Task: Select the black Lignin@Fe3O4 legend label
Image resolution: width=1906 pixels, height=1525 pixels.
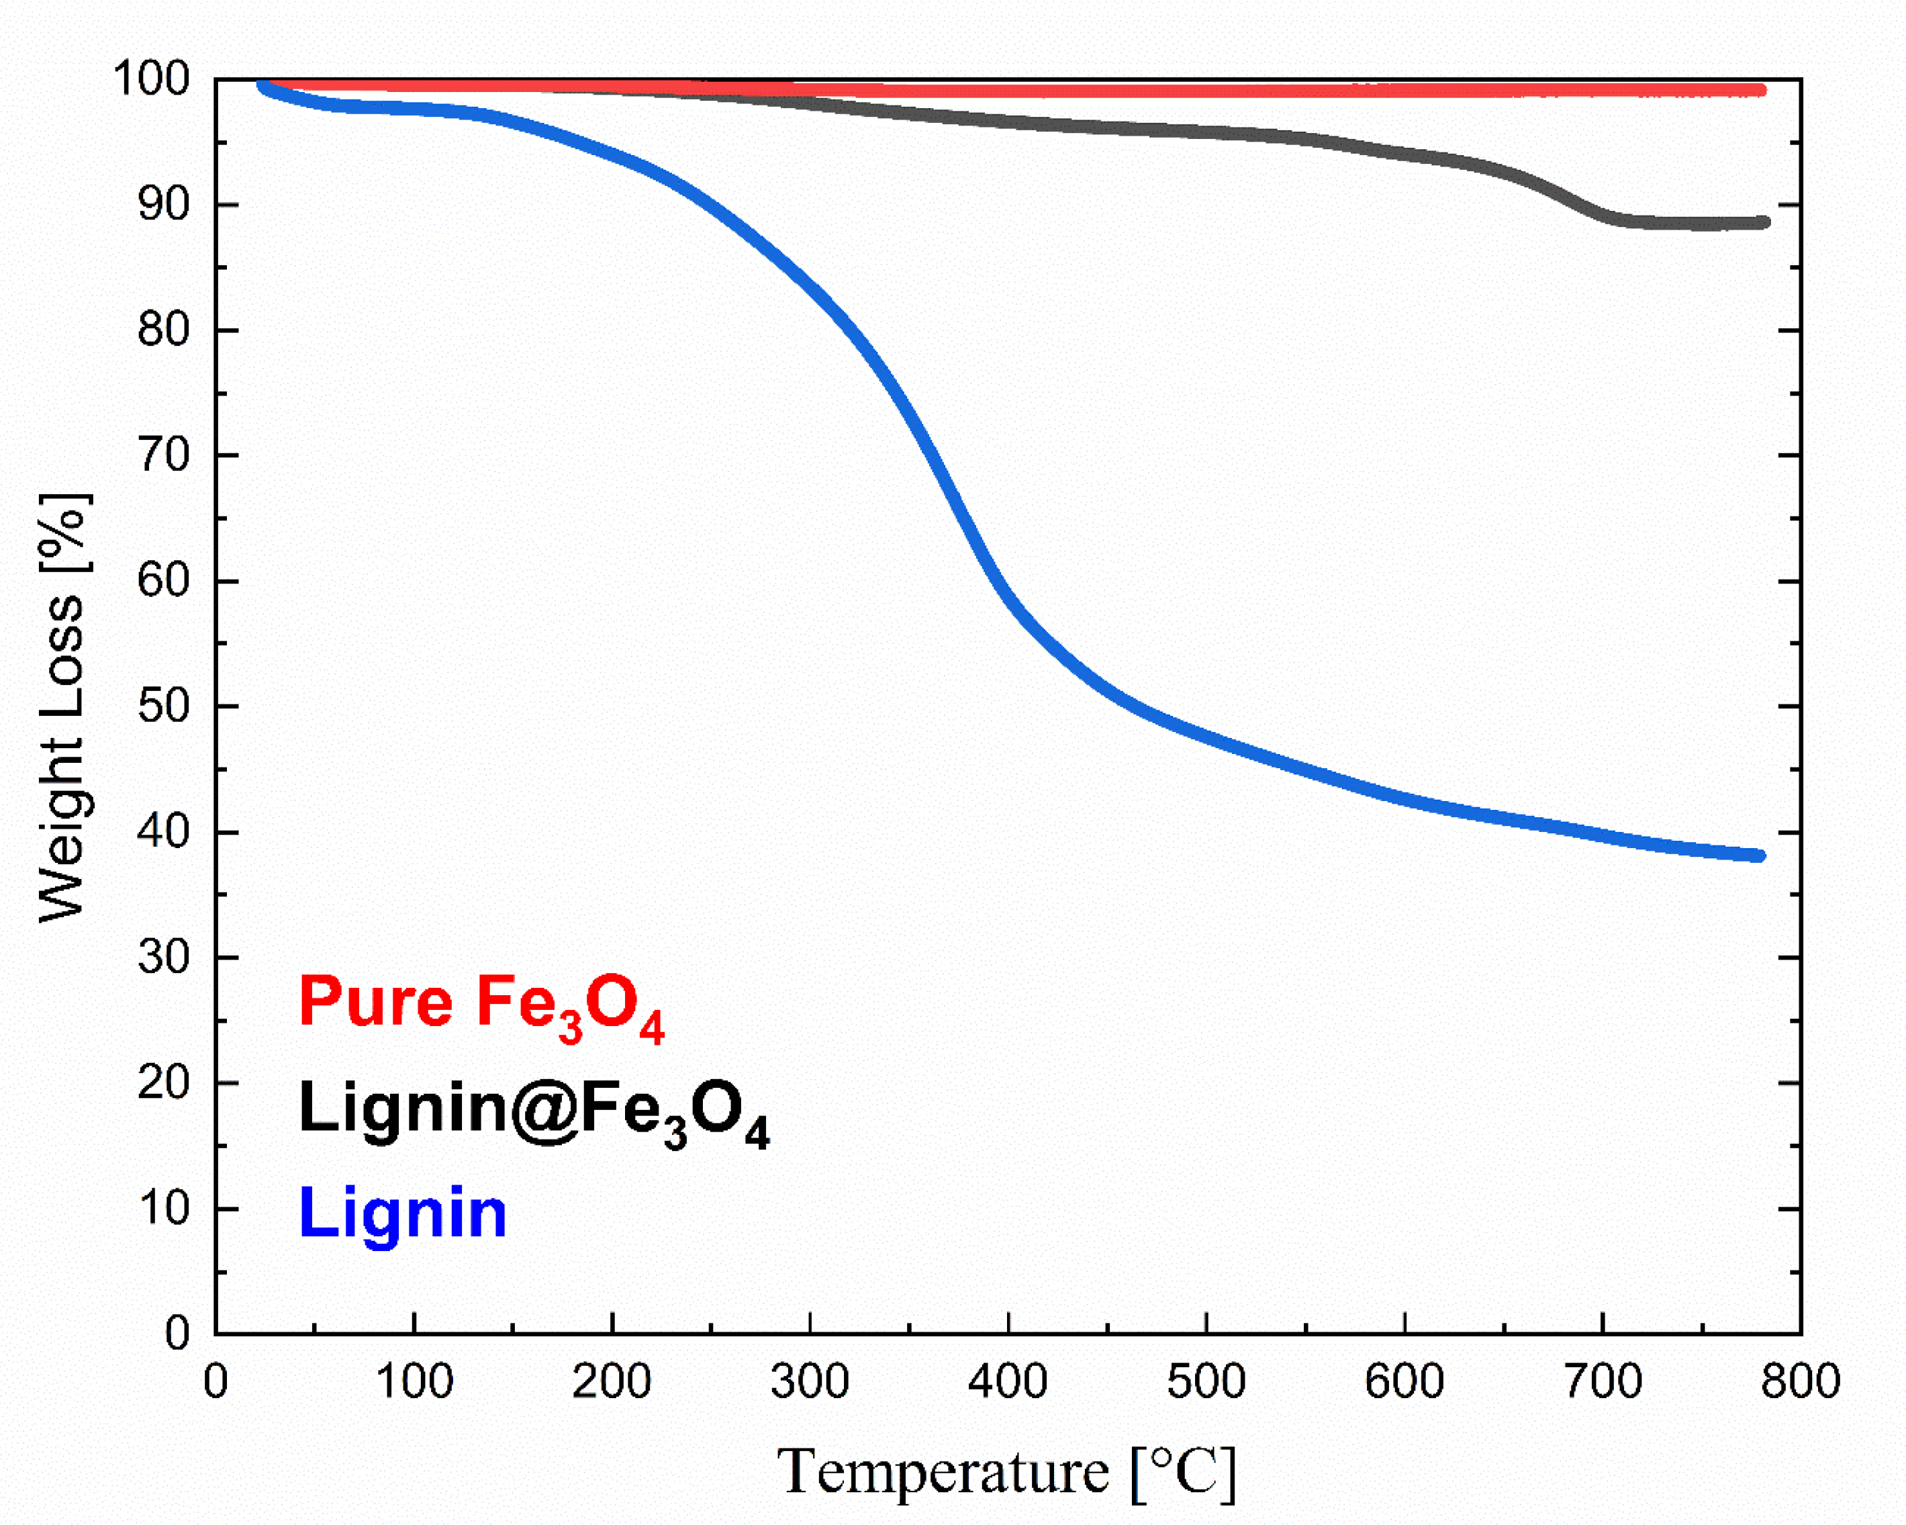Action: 533,1111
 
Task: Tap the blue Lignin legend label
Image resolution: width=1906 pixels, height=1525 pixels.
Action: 403,1213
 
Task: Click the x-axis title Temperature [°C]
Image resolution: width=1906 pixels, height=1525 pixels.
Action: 1006,1472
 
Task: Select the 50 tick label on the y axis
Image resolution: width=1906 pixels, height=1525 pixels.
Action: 164,707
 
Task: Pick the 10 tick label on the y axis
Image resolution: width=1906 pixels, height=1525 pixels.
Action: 164,1209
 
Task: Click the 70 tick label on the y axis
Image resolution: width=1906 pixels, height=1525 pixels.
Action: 164,456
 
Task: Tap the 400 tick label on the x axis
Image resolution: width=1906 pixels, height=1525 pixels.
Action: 1008,1381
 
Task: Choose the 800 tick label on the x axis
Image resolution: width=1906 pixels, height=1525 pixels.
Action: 1800,1381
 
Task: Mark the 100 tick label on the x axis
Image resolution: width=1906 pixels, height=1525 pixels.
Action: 414,1381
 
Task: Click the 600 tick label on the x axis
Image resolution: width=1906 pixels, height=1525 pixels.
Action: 1404,1381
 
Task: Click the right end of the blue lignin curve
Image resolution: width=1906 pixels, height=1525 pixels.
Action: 1759,856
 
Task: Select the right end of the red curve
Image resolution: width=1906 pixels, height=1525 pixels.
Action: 1761,90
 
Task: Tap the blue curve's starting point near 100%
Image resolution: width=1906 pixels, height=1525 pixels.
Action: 263,86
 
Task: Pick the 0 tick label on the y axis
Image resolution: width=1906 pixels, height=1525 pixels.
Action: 177,1333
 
